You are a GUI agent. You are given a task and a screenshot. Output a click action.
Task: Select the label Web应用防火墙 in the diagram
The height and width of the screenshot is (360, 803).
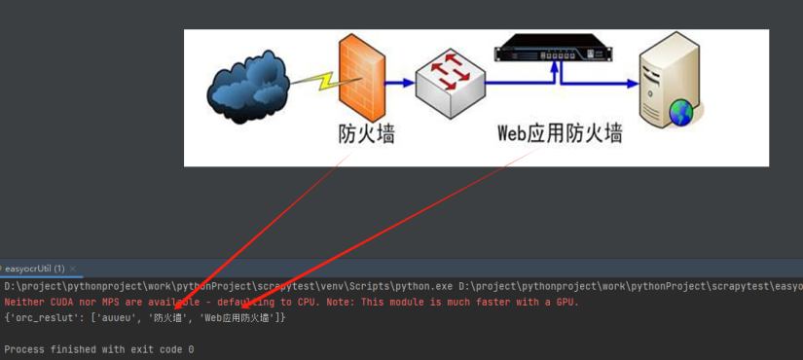560,133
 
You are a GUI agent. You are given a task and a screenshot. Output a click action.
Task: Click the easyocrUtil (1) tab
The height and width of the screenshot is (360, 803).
35,268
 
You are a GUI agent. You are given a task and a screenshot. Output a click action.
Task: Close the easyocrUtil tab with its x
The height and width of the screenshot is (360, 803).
72,268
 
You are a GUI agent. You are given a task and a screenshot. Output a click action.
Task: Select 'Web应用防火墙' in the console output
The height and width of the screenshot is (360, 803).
237,317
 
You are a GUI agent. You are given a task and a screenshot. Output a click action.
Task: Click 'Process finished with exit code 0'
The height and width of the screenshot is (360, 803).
99,348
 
